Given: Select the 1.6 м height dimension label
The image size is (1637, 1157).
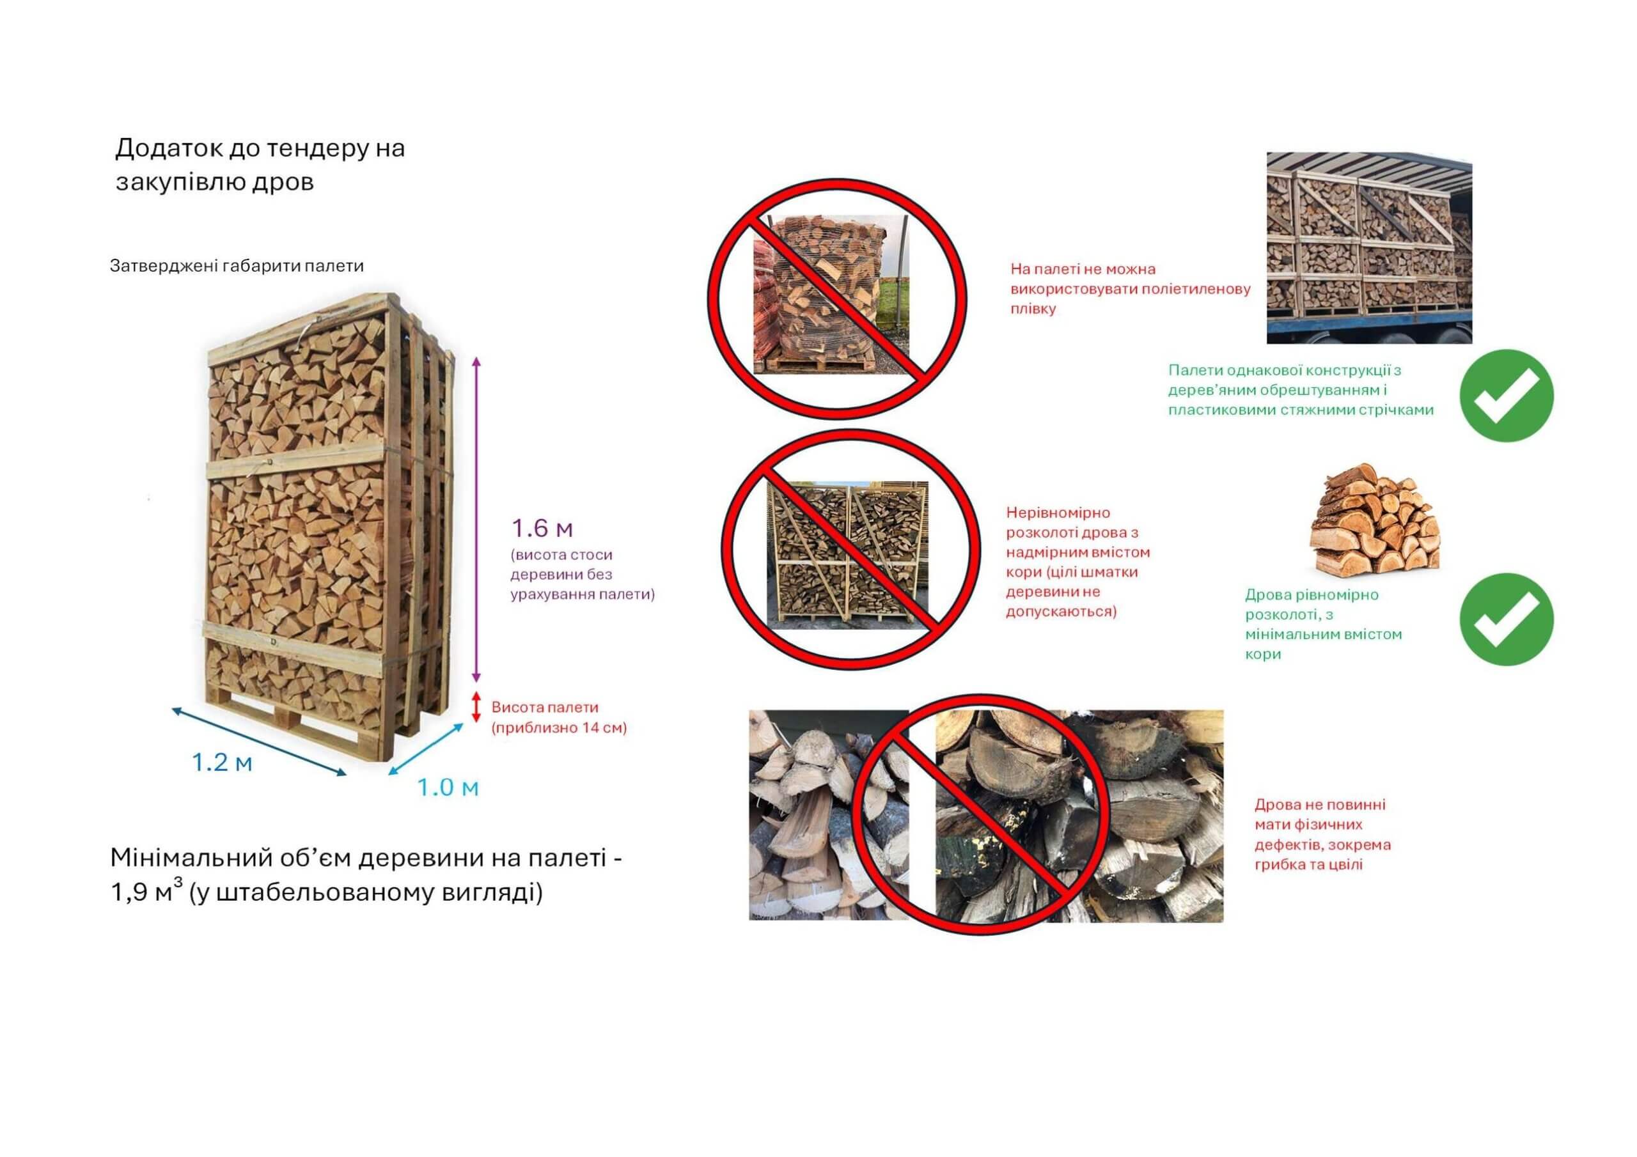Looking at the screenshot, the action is [x=542, y=528].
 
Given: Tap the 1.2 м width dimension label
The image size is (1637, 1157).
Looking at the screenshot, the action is [x=222, y=763].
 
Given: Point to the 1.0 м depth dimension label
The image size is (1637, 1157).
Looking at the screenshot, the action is [x=448, y=788].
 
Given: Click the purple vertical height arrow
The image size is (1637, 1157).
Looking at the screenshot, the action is [x=478, y=519].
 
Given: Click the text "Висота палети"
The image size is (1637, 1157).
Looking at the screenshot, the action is [x=545, y=707].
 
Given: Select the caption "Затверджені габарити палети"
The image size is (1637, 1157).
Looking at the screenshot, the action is [x=237, y=266].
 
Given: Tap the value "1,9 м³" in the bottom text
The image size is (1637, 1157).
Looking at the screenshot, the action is [x=147, y=892].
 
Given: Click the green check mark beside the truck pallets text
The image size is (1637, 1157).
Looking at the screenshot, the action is [x=1506, y=396].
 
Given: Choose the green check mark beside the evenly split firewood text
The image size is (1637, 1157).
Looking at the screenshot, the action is [x=1506, y=619].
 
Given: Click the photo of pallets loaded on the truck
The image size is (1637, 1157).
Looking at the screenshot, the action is [x=1369, y=247].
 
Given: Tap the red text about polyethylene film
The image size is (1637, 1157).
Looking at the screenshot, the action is [x=1131, y=290].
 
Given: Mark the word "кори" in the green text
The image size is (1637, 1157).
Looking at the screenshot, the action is [x=1263, y=655].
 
